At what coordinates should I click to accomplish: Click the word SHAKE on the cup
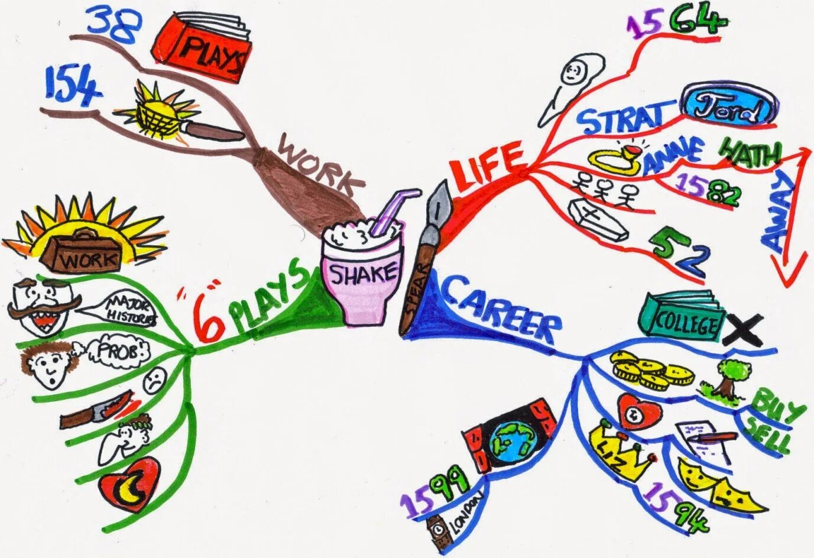pyautogui.click(x=362, y=274)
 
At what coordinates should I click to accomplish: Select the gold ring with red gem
pyautogui.click(x=615, y=159)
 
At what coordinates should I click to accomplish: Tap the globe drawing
pyautogui.click(x=509, y=438)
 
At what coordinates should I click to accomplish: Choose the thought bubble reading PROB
pyautogui.click(x=118, y=352)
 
